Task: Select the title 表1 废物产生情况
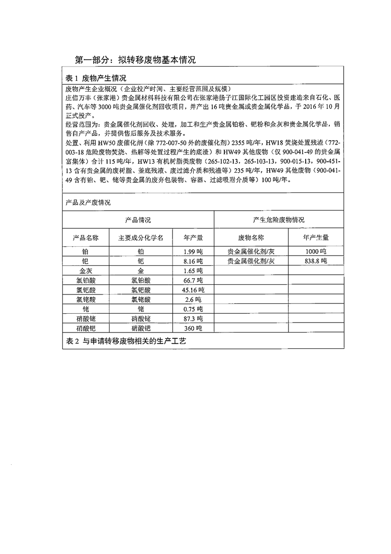(96, 78)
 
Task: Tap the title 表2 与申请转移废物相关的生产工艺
(126, 341)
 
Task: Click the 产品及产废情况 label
(88, 203)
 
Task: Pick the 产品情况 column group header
(138, 220)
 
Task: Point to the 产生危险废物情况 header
(278, 220)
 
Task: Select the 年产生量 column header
(316, 238)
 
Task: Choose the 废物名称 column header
(251, 238)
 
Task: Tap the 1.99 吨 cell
(193, 252)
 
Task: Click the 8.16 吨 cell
(193, 261)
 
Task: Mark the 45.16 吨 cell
(193, 290)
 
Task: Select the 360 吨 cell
(193, 328)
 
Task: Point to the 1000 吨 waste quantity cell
(316, 252)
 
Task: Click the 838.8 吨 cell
(316, 261)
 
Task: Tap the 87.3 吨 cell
(193, 319)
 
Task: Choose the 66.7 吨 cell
(193, 280)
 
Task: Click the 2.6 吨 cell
(193, 299)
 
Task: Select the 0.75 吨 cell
(193, 309)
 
